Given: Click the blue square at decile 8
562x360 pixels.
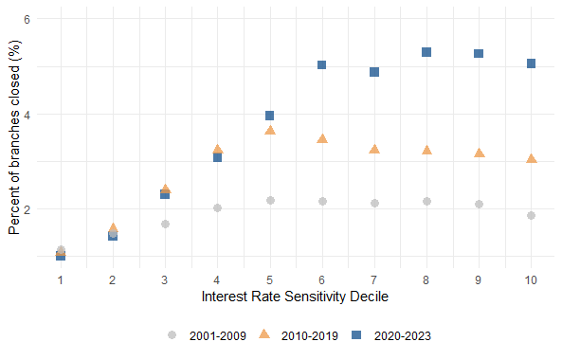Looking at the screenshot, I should tap(426, 52).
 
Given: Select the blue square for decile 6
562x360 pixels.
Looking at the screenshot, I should tap(322, 65).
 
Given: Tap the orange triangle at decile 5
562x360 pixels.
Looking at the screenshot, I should tap(270, 130).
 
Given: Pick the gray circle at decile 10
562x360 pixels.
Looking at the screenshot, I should tap(531, 215).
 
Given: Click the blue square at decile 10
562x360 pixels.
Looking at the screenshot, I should tap(531, 63).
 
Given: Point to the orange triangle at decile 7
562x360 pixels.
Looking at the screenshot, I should tap(374, 150).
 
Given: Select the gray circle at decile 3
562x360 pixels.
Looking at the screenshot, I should tap(165, 225).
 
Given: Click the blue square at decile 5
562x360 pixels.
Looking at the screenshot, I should tap(270, 116).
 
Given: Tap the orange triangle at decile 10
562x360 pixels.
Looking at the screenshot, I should tap(531, 159).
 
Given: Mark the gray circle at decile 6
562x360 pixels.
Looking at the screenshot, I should tap(322, 201).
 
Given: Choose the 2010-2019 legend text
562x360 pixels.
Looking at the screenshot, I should tap(307, 335).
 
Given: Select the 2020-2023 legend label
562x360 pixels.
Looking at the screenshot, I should tap(403, 335).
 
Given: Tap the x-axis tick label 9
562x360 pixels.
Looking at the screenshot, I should tap(479, 280).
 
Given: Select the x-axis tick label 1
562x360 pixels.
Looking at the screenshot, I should tap(61, 280).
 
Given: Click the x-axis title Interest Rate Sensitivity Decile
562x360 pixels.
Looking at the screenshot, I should tap(296, 297).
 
